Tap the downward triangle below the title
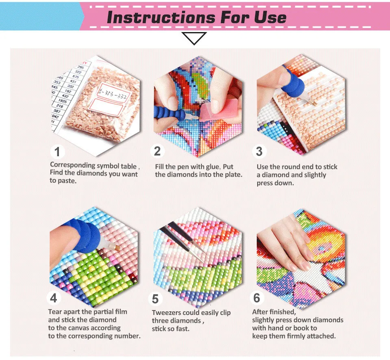coord(194,39)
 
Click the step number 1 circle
coord(57,152)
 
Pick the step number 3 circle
coord(259,151)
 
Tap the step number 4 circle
coord(54,298)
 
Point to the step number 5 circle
coord(155,299)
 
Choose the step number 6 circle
coord(256,298)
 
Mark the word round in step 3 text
coord(293,166)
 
